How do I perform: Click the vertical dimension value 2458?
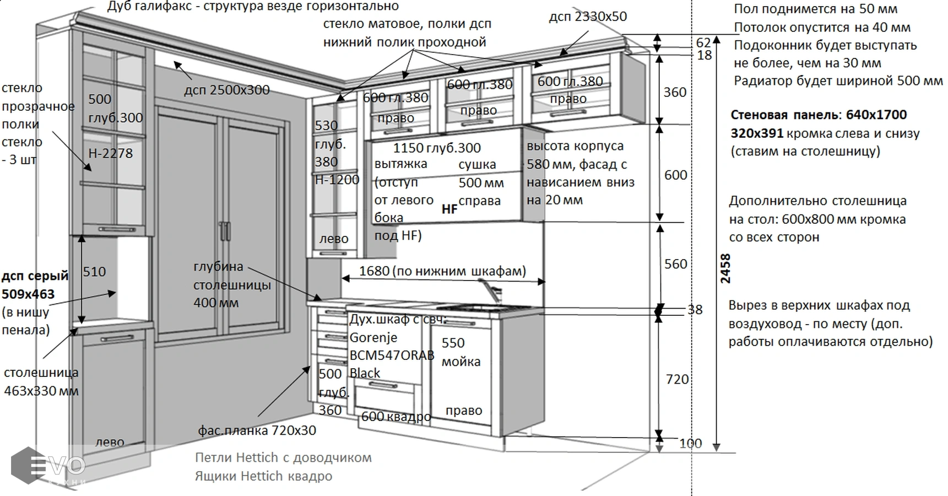(725, 268)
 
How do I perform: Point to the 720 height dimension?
(677, 379)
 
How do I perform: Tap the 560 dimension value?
(675, 264)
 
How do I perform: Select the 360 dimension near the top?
(675, 92)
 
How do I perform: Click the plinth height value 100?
(690, 443)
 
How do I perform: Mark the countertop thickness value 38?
(695, 310)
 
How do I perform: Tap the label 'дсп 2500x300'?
(227, 90)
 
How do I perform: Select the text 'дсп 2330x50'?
(588, 17)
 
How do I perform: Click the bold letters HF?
(449, 209)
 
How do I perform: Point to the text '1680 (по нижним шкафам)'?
(442, 271)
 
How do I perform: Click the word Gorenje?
(373, 337)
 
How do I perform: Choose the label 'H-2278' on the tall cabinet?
(111, 153)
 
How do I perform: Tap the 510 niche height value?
(94, 272)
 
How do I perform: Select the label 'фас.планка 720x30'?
(257, 430)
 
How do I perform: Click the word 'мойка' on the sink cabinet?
(461, 362)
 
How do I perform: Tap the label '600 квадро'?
(396, 417)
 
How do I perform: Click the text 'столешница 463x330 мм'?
(41, 381)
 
